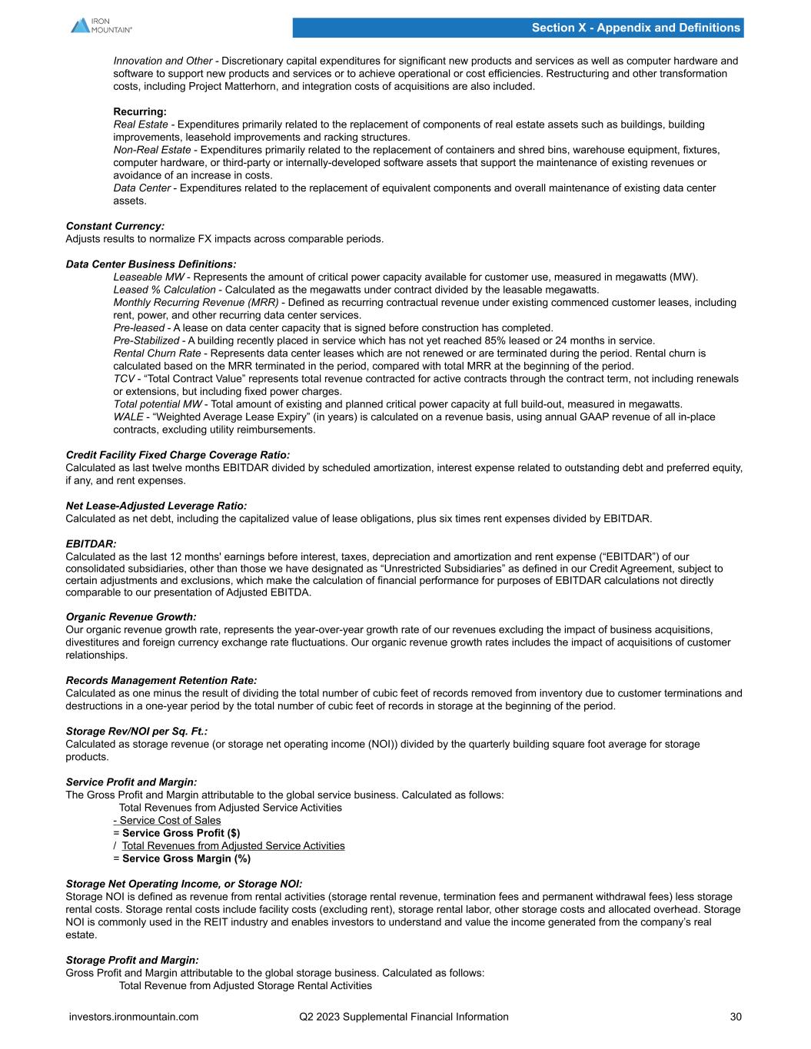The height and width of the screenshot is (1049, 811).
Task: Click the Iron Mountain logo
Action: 101,25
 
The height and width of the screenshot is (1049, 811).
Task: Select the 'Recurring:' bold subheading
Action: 140,111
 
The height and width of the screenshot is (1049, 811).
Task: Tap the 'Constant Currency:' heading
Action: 115,226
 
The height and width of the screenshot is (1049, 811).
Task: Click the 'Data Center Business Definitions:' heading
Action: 151,264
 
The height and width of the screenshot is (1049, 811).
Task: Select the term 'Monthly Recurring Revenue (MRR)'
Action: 196,302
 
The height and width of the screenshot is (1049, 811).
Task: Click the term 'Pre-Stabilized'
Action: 147,340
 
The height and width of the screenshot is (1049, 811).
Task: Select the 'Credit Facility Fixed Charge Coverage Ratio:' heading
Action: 178,455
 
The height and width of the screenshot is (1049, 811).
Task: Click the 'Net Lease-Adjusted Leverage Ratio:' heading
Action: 157,506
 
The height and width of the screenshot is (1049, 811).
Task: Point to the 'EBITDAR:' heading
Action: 91,543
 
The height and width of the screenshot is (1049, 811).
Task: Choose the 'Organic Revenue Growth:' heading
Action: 131,616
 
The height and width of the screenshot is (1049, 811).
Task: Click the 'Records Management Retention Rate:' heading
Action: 161,680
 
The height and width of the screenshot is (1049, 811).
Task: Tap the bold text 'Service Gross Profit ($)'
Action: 181,833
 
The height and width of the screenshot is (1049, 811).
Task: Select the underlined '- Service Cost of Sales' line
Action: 167,820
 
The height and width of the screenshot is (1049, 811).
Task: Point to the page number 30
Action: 736,1017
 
